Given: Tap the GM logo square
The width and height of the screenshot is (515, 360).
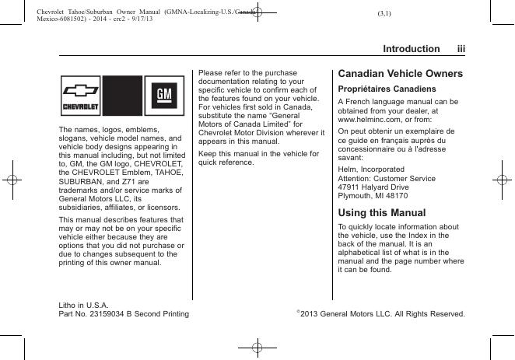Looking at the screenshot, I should point(164,96).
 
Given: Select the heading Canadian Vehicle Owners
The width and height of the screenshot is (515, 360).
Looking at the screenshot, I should point(400,74).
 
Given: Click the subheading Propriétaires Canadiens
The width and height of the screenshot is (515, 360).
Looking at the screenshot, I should point(380,89).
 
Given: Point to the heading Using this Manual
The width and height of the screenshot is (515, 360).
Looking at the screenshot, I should point(381,212).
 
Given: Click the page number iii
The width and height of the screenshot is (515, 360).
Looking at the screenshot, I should point(461,49).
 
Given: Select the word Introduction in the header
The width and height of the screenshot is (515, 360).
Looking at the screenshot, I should point(411,49).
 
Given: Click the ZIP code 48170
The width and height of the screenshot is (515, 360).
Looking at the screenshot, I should point(394,197).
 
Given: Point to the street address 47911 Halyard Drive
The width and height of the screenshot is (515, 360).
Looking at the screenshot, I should point(373,187).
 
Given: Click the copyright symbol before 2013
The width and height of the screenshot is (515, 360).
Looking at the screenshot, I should point(299,313).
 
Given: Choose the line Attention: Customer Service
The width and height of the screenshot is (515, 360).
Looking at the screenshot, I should point(387,178).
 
